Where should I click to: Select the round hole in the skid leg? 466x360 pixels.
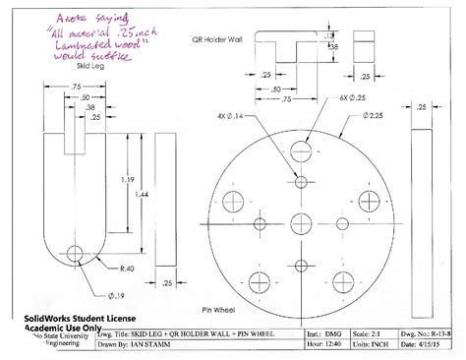[76, 254]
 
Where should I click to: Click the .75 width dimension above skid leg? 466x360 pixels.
[76, 87]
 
